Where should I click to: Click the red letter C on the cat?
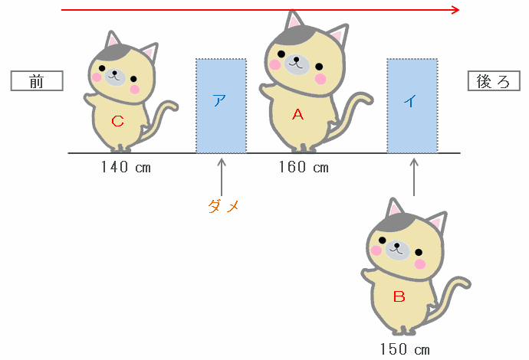pos(117,121)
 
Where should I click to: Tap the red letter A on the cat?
pos(298,115)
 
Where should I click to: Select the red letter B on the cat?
pos(399,296)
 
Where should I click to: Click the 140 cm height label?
pos(126,167)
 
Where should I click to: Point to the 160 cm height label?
pos(304,167)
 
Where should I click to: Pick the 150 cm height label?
pos(405,349)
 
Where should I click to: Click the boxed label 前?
pos(37,81)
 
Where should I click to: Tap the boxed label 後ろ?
pos(494,81)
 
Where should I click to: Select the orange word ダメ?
pos(223,206)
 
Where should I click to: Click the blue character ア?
pos(219,100)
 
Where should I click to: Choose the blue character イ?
pos(411,100)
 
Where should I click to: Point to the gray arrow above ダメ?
pos(222,177)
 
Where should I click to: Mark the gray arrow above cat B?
pos(414,177)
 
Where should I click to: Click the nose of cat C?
pos(114,72)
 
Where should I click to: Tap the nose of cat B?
pos(397,245)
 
